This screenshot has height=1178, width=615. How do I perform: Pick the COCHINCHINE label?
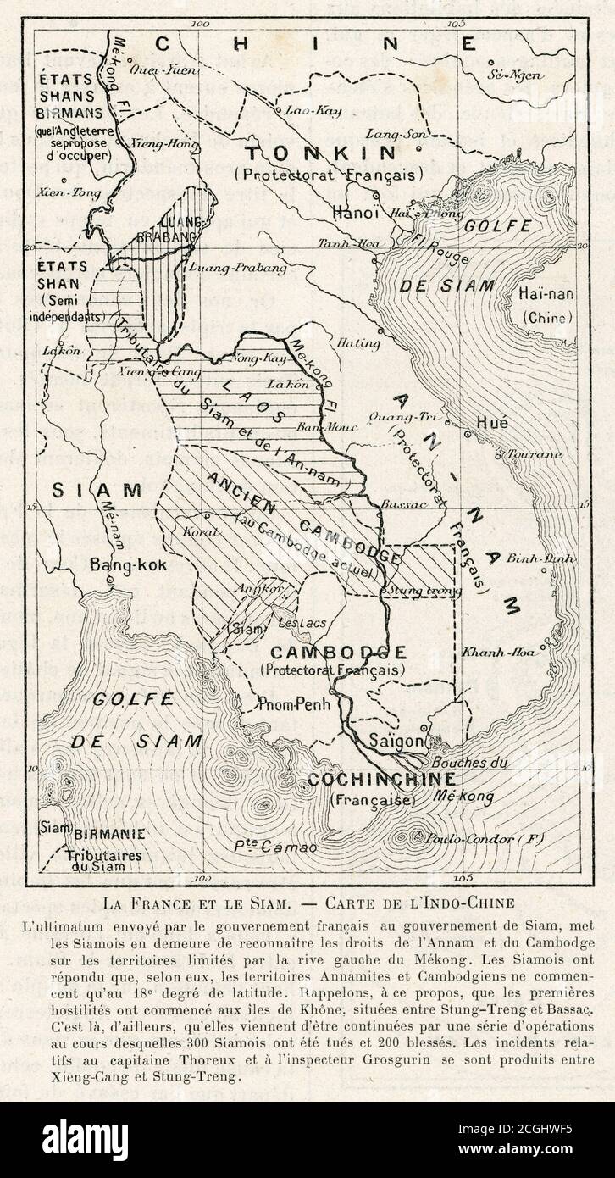(x=381, y=780)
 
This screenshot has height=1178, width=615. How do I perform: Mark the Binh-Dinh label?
(x=530, y=558)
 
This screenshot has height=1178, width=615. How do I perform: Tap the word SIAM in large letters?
(x=96, y=490)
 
